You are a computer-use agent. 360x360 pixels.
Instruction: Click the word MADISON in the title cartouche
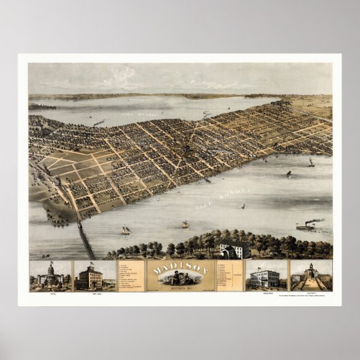point(180,268)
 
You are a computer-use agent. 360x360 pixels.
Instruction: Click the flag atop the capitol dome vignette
point(51,263)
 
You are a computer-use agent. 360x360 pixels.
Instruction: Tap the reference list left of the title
point(130,275)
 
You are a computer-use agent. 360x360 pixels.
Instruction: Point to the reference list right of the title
point(229,274)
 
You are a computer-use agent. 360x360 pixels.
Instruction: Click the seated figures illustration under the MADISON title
point(180,279)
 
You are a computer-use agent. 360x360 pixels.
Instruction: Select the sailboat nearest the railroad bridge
point(126,230)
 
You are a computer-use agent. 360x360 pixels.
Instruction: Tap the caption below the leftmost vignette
point(50,295)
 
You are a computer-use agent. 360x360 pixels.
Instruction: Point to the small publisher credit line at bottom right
point(309,297)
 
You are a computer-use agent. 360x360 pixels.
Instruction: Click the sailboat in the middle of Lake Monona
point(185,223)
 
